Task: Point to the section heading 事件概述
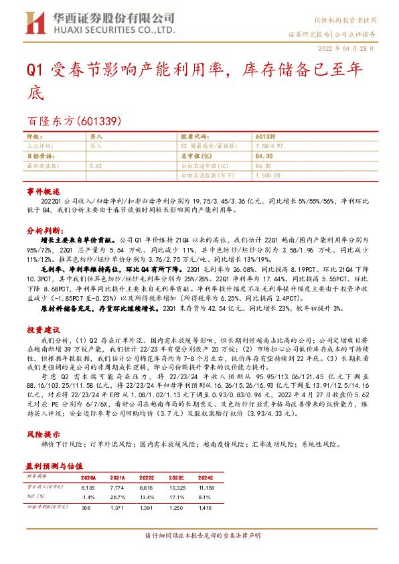(x=44, y=191)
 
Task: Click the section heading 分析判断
(x=44, y=230)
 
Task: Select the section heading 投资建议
(x=44, y=330)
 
